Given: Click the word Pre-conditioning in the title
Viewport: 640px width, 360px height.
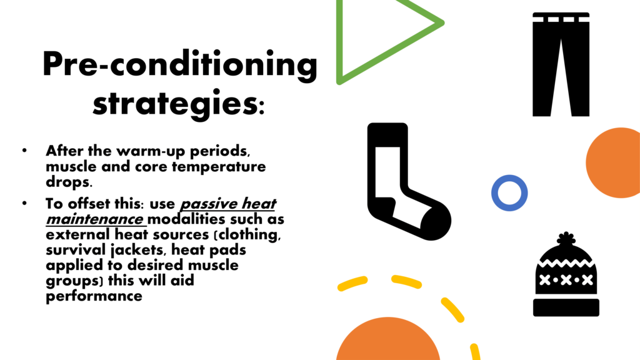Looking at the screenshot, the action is coord(180,65).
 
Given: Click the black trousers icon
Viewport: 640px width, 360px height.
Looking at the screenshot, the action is coord(561,64).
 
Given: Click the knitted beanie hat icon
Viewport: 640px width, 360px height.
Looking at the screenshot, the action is coord(566,277).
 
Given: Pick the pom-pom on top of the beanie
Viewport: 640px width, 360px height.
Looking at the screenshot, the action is coord(566,238).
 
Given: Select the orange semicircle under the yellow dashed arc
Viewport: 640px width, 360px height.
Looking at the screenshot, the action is coord(388,339).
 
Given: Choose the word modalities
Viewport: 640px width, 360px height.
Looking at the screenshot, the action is coord(187,219).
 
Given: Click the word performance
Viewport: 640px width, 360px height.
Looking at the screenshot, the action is coord(94,296).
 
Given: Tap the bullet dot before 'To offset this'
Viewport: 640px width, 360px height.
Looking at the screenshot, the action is coord(24,203).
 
